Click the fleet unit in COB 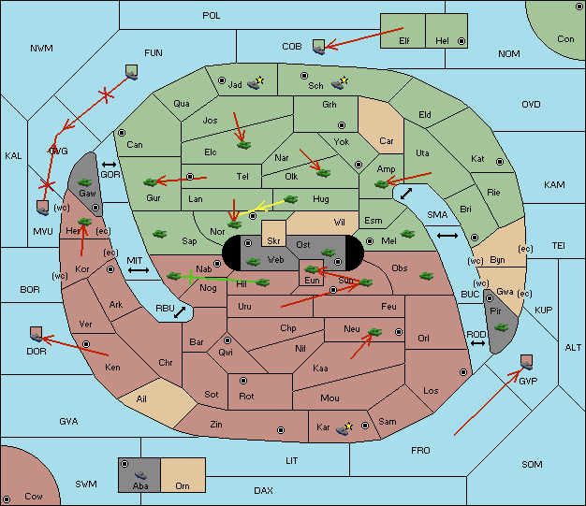(x=319, y=47)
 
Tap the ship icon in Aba (x=140, y=475)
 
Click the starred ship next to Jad (x=256, y=83)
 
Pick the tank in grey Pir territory (x=501, y=327)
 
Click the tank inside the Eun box (x=312, y=268)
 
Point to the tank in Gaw (x=84, y=182)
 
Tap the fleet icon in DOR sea (x=37, y=334)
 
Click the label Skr (x=273, y=241)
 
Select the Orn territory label (x=183, y=485)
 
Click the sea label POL (x=212, y=16)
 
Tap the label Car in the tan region (x=387, y=141)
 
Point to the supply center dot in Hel (x=461, y=41)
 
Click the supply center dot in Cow (x=7, y=499)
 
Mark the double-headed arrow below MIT (x=139, y=270)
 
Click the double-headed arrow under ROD (x=477, y=343)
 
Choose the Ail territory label (x=141, y=398)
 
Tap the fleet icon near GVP (x=527, y=363)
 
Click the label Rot (x=246, y=397)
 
